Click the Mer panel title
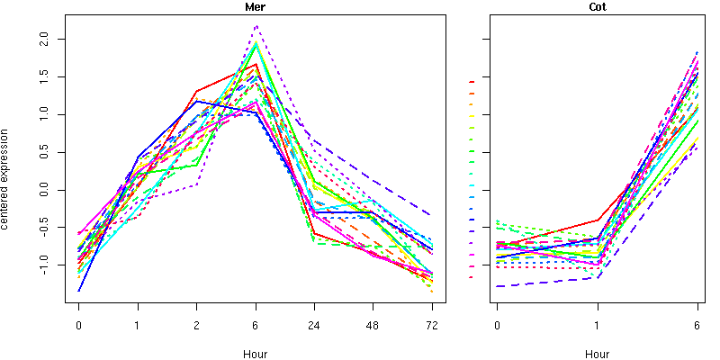pyautogui.click(x=256, y=6)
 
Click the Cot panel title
pyautogui.click(x=597, y=6)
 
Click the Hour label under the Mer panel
pyautogui.click(x=256, y=354)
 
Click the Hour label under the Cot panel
pyautogui.click(x=597, y=354)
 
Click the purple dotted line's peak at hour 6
pyautogui.click(x=256, y=25)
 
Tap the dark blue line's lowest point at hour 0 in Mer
pyautogui.click(x=79, y=291)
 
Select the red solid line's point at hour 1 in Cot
pyautogui.click(x=597, y=220)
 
